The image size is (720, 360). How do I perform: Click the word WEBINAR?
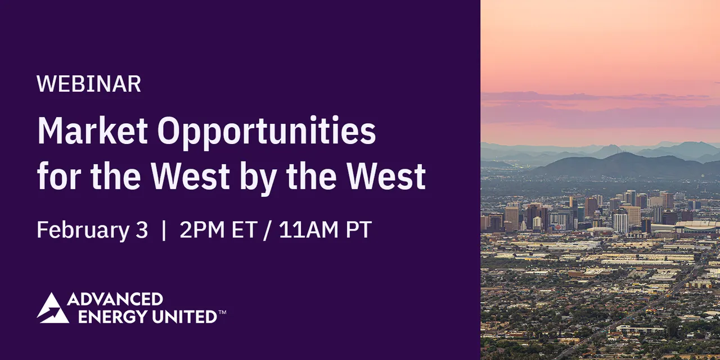(x=89, y=84)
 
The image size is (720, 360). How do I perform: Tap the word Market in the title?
(x=93, y=130)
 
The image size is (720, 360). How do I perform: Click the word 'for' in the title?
(x=59, y=175)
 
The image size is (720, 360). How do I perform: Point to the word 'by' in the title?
(x=258, y=178)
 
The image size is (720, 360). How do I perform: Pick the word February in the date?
(x=83, y=231)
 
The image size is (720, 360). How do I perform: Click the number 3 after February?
(x=142, y=229)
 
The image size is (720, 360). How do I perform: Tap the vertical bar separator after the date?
(x=164, y=230)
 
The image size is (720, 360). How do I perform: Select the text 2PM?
(x=202, y=229)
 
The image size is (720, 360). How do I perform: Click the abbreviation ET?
(x=244, y=229)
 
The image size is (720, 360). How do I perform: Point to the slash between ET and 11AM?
(x=267, y=230)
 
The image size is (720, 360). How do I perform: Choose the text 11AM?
(x=309, y=229)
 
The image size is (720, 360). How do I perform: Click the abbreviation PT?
(x=359, y=229)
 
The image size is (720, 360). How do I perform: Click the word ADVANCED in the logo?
(x=115, y=299)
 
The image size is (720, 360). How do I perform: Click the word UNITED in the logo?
(x=185, y=317)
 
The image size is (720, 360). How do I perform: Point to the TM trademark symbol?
(x=222, y=312)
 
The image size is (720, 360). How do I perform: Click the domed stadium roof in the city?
(x=696, y=224)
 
